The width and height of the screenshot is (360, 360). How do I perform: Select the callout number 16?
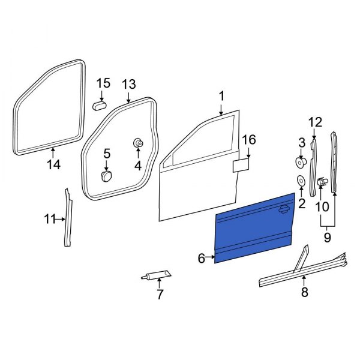click(x=248, y=140)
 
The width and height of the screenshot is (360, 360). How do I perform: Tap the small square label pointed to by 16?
click(x=241, y=166)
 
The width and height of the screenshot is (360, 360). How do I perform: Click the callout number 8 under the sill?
click(x=304, y=293)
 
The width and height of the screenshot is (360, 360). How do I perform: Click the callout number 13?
click(x=129, y=84)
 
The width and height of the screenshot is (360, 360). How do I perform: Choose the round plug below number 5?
click(x=107, y=176)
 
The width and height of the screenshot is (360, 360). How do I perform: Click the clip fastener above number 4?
click(x=138, y=143)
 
